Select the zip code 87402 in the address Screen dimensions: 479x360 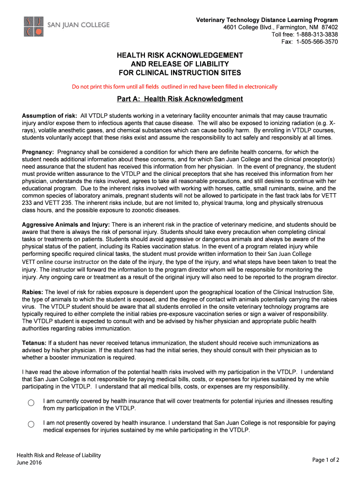coord(329,27)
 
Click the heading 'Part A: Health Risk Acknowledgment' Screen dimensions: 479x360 coord(180,99)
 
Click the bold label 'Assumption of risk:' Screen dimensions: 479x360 coord(50,116)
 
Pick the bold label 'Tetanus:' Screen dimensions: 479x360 coord(34,343)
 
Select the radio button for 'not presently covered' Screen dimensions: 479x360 coord(31,424)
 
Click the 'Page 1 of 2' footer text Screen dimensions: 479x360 coord(325,460)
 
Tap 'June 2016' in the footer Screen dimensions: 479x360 coord(29,463)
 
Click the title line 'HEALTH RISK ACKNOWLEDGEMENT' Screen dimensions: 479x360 coord(180,55)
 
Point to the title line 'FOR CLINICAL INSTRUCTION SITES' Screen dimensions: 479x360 coord(180,73)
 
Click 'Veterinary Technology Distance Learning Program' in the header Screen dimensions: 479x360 coord(267,20)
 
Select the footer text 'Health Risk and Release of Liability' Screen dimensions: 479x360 coord(59,455)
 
